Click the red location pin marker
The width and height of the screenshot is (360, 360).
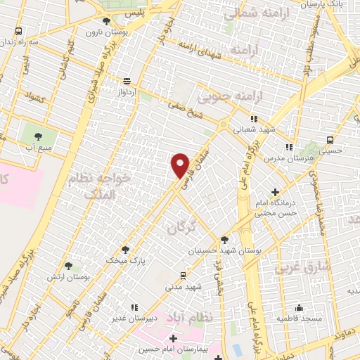click(x=181, y=165)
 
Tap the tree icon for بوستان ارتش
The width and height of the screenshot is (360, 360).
click(x=68, y=266)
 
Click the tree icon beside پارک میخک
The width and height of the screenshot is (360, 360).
click(x=126, y=249)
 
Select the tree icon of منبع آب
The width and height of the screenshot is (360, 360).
click(x=37, y=136)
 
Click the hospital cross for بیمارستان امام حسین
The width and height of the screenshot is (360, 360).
click(x=173, y=339)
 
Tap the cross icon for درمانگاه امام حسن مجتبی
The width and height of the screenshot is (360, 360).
click(x=275, y=192)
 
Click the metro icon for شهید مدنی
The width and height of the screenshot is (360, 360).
click(x=184, y=275)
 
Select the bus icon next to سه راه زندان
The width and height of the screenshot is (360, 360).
click(x=18, y=32)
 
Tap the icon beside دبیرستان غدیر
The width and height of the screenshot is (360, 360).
click(x=134, y=307)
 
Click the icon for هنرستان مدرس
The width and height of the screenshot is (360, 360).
click(x=288, y=148)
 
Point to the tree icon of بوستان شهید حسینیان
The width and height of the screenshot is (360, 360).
click(x=224, y=239)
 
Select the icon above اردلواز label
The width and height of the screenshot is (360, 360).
click(x=127, y=81)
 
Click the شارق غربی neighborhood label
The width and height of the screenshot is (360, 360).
click(x=292, y=268)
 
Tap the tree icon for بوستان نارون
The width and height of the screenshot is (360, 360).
click(x=98, y=22)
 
